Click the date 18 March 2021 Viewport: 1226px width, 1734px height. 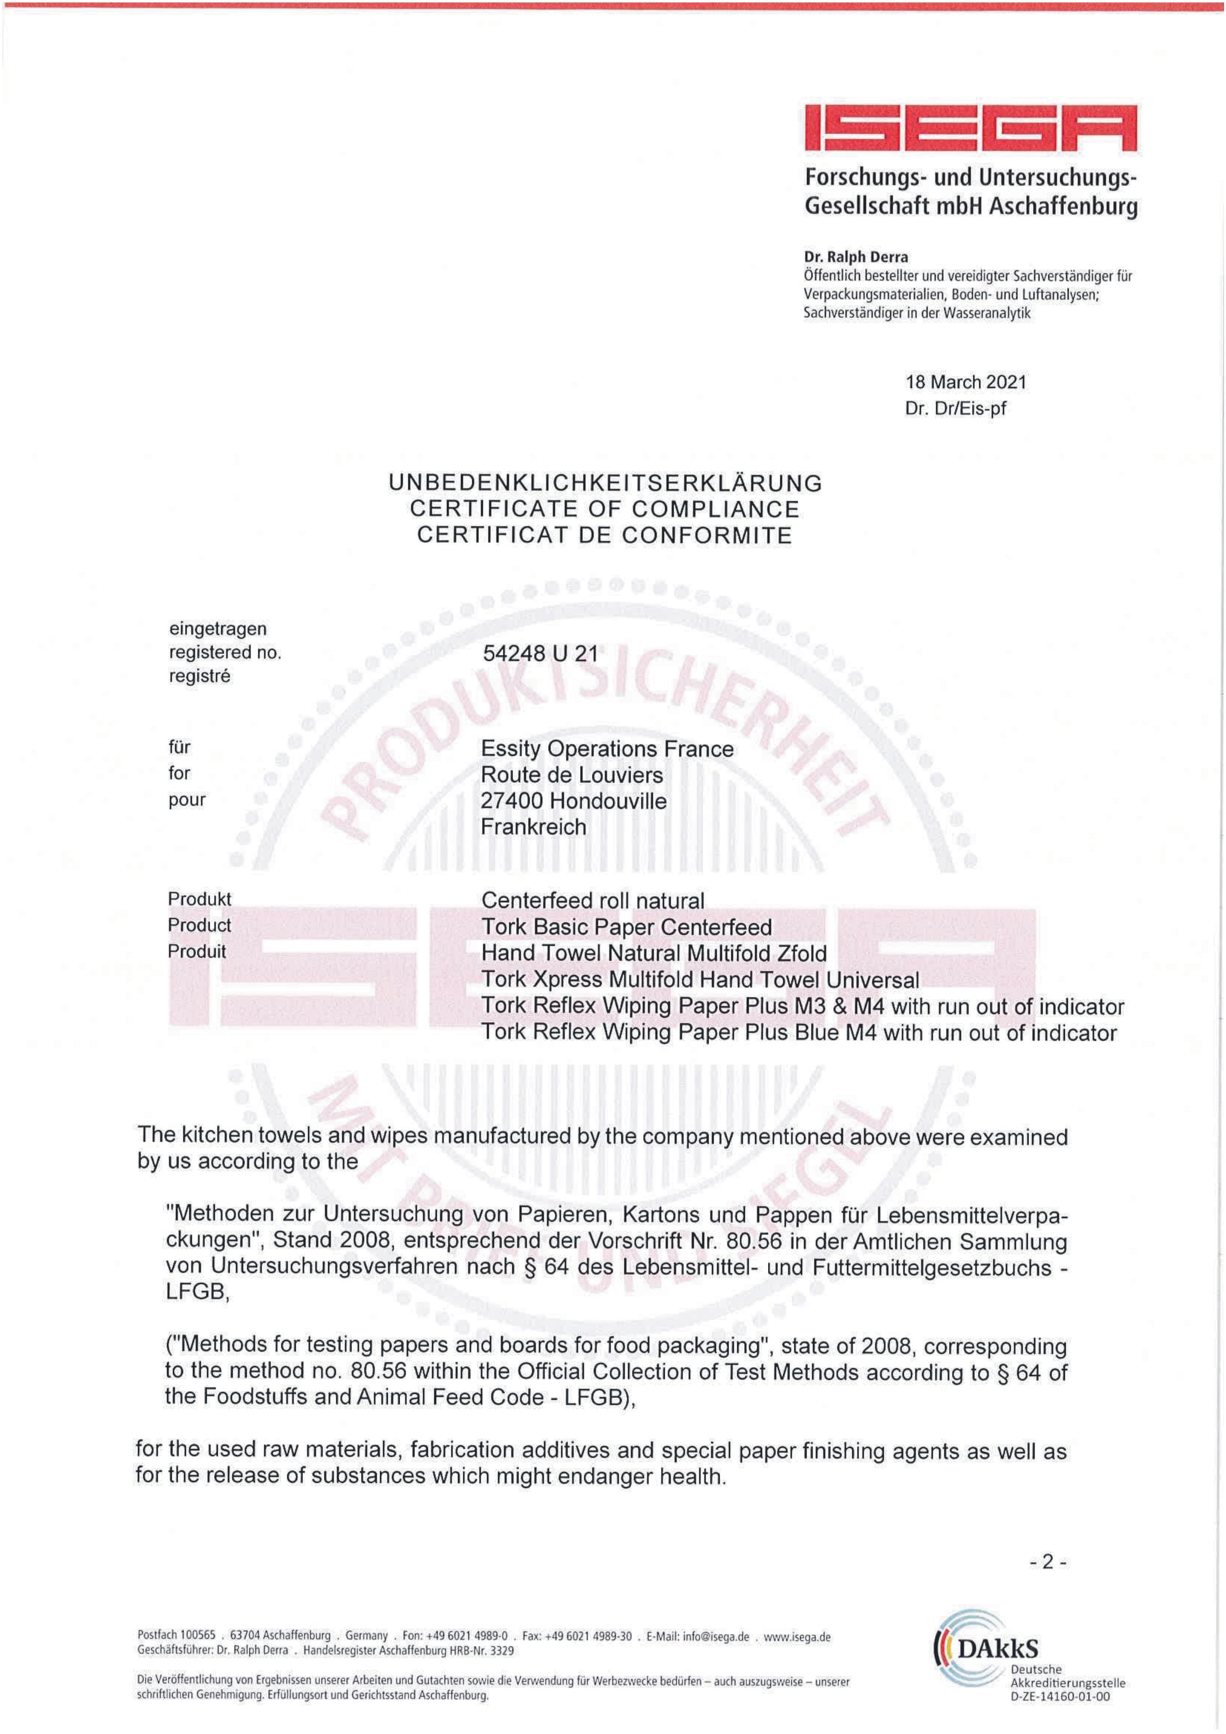tap(965, 382)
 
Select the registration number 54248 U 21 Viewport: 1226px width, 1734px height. tap(540, 653)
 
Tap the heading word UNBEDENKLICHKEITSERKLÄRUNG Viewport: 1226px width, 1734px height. tap(605, 483)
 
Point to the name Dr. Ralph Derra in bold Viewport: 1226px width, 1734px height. tap(856, 257)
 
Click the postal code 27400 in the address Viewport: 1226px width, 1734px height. tap(511, 801)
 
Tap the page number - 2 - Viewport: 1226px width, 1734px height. tap(1048, 1562)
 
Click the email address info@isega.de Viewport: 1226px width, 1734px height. tap(715, 1637)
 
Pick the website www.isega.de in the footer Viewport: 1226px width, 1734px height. tap(797, 1637)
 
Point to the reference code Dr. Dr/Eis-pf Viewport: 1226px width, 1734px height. tap(955, 409)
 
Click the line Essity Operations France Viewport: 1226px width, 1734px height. tap(607, 749)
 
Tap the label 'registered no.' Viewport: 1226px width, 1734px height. tap(225, 652)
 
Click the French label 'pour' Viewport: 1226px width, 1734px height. tap(186, 800)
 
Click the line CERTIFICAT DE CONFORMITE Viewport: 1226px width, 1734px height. tap(604, 535)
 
